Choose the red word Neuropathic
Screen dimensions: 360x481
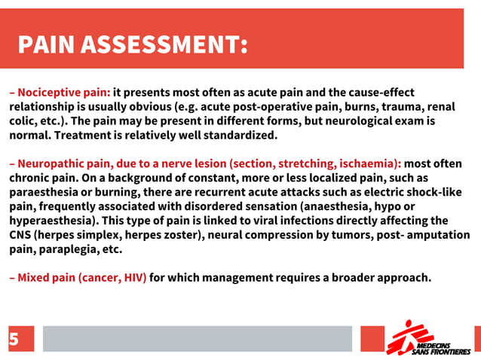click(x=53, y=163)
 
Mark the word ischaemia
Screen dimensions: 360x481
click(x=370, y=163)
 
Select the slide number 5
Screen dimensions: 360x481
click(x=14, y=340)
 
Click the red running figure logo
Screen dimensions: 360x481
click(x=400, y=337)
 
